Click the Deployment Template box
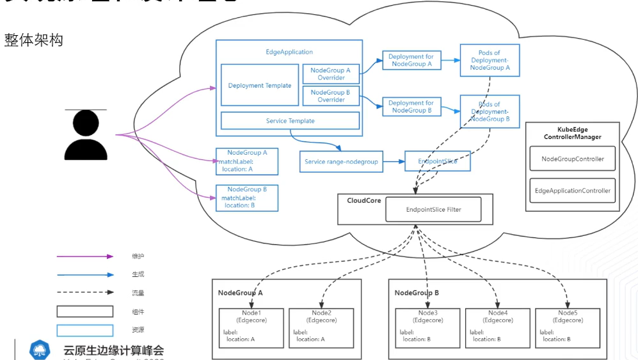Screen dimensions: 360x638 click(x=260, y=85)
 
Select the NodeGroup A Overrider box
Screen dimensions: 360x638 click(x=331, y=74)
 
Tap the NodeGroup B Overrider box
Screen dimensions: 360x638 click(x=331, y=96)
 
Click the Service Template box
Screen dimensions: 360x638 click(x=290, y=121)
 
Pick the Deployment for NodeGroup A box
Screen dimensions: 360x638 click(x=411, y=60)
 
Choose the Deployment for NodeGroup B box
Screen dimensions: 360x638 click(x=411, y=106)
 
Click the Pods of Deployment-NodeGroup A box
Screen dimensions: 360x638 click(x=490, y=60)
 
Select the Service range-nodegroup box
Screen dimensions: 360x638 click(x=341, y=162)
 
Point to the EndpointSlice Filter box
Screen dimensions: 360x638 click(x=433, y=210)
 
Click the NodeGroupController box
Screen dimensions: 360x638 click(x=572, y=159)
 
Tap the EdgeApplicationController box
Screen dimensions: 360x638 click(x=572, y=191)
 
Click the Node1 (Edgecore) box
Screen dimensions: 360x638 click(x=251, y=327)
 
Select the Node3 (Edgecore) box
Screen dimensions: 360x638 click(x=427, y=327)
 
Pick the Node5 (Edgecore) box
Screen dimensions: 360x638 click(x=568, y=327)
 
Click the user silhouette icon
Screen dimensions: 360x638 click(x=86, y=135)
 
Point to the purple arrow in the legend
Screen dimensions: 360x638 click(x=84, y=256)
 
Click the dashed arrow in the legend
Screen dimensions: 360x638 click(x=84, y=292)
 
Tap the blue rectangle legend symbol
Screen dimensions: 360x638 click(x=84, y=331)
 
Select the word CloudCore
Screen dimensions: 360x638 click(x=364, y=201)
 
